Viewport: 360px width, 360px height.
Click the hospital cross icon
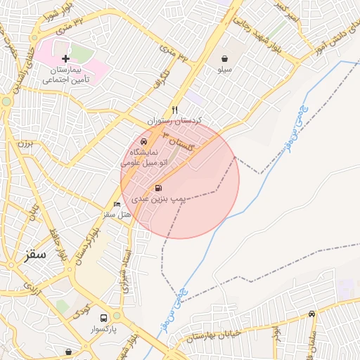click(x=65, y=58)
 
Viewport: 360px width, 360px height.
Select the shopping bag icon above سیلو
click(x=224, y=59)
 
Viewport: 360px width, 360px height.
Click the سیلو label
click(x=224, y=71)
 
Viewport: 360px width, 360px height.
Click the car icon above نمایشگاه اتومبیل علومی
click(x=143, y=142)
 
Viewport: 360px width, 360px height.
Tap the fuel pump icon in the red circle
click(x=157, y=188)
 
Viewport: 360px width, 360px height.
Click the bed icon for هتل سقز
click(x=117, y=204)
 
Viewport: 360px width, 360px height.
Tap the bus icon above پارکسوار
click(x=104, y=317)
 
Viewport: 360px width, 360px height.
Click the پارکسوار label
click(x=105, y=329)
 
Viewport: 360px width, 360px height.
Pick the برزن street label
click(x=25, y=145)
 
